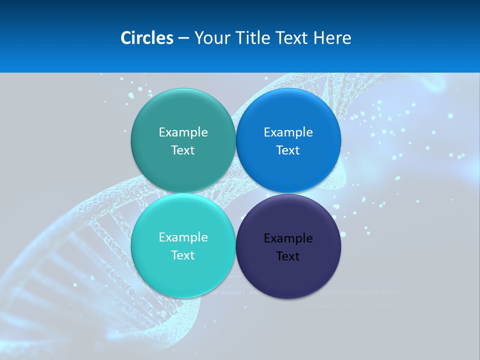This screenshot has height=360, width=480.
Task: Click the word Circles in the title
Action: [x=147, y=38]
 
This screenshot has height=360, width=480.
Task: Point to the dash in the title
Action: [x=183, y=38]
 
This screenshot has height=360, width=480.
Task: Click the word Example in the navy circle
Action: [x=288, y=238]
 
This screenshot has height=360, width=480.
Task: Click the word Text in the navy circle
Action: [x=288, y=256]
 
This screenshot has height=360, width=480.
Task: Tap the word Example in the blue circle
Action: [x=288, y=132]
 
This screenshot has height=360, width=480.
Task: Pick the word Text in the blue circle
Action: [x=288, y=150]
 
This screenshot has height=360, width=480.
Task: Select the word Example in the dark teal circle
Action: [x=183, y=132]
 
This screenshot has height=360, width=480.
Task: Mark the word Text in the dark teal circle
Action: [x=183, y=150]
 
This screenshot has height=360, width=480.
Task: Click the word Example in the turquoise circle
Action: [x=183, y=237]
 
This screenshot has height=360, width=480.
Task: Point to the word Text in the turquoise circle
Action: [x=183, y=255]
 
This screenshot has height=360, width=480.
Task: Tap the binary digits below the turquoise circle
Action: [x=227, y=292]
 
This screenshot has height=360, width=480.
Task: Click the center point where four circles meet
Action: [x=235, y=193]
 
